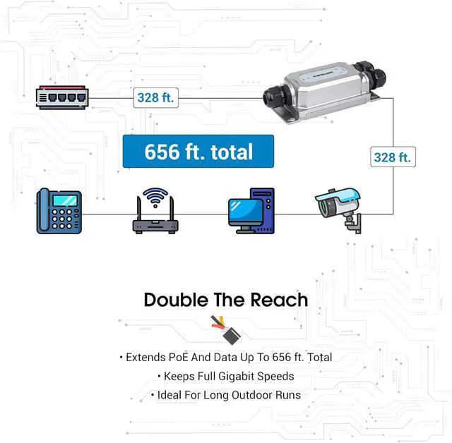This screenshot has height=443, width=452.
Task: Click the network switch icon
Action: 62,97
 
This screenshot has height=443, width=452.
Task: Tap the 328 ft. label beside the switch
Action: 155,98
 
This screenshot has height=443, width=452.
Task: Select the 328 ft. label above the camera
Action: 393,157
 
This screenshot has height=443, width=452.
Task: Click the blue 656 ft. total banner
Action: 198,152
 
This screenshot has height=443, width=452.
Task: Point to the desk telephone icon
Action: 59,211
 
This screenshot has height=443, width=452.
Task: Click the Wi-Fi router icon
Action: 155,211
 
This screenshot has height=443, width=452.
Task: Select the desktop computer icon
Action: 251,211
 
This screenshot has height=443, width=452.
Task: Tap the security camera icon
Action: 338,211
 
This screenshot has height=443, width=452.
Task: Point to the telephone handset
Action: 44,210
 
